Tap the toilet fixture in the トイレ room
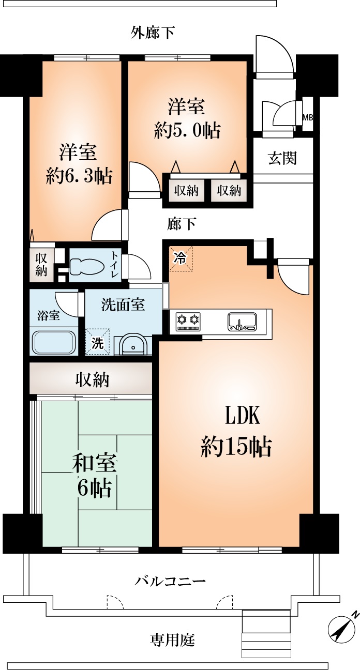coord(85,266)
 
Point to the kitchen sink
coord(241,322)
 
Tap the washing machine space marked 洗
coord(98,342)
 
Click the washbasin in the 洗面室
coord(133,345)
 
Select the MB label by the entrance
coord(308,117)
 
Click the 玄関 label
coord(282,158)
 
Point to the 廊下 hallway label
coord(182,224)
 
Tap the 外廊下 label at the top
coord(152,33)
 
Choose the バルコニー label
coord(171,581)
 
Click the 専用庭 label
coord(172,640)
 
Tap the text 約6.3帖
coord(79,177)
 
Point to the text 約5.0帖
coord(187,130)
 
